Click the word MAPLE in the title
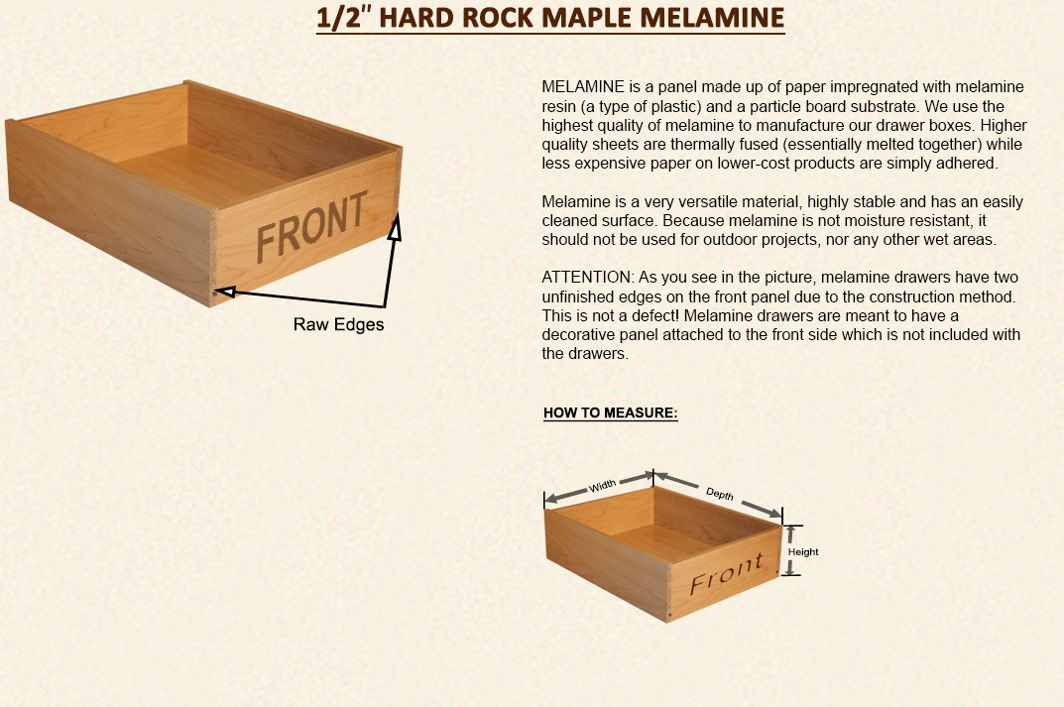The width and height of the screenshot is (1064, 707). tap(590, 18)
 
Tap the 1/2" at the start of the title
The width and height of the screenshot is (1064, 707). tap(344, 18)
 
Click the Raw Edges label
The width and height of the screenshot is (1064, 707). tap(338, 324)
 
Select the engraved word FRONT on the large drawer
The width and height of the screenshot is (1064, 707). tap(311, 227)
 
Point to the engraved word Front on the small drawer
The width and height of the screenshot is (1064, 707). tap(727, 574)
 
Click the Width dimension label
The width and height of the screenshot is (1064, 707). tap(603, 485)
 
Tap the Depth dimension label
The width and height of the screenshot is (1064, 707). tap(720, 494)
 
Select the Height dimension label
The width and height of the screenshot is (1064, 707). tap(803, 551)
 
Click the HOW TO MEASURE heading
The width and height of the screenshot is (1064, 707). tap(611, 412)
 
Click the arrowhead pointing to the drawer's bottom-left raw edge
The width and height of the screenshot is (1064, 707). tap(225, 292)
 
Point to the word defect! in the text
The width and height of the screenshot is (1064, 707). tap(658, 315)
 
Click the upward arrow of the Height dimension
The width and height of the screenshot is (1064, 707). tap(790, 534)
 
